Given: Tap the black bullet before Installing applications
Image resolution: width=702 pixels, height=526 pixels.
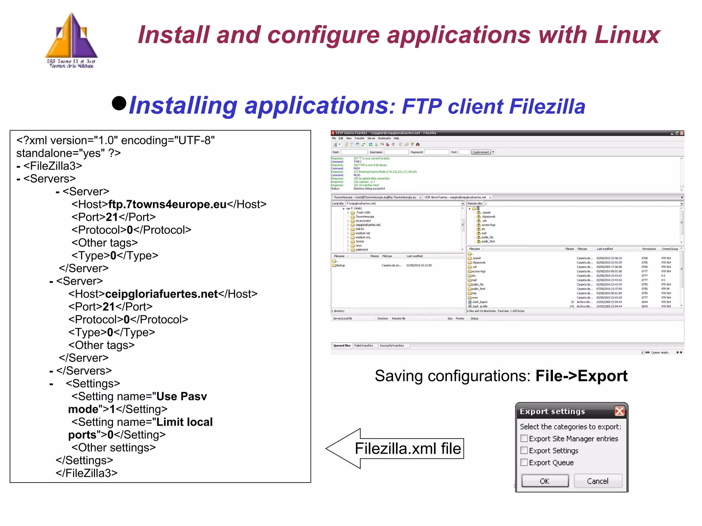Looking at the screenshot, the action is tap(119, 103).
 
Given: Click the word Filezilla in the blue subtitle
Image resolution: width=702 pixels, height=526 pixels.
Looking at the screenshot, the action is tap(547, 106).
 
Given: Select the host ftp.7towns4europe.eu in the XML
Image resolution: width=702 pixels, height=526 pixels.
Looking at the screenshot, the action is tap(167, 204).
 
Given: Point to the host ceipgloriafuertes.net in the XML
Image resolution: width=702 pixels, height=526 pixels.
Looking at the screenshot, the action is tap(161, 294).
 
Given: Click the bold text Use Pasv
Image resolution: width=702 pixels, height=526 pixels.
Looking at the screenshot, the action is tap(182, 396).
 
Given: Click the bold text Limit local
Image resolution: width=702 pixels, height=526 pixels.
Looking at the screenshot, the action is tap(184, 422).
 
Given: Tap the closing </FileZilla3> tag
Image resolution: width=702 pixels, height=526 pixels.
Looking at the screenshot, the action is tap(87, 473).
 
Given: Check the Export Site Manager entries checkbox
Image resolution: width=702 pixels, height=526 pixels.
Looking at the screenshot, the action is tap(524, 438).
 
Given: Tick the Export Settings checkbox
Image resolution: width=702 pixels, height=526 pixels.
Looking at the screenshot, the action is tap(524, 450).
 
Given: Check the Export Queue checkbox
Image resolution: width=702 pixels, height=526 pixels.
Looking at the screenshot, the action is tap(524, 462).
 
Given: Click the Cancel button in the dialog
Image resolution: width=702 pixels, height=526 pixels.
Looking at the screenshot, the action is tap(597, 481).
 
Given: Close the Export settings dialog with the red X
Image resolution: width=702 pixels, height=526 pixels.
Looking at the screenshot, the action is tap(619, 411).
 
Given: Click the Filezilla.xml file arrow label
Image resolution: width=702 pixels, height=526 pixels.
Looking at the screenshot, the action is tap(408, 449).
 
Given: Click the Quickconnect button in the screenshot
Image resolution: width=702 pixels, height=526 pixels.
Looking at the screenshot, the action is tap(481, 152).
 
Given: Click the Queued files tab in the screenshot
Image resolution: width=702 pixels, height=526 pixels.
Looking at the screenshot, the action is tap(342, 345).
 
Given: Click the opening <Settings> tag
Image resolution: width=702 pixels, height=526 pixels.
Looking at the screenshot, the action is tap(93, 383).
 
